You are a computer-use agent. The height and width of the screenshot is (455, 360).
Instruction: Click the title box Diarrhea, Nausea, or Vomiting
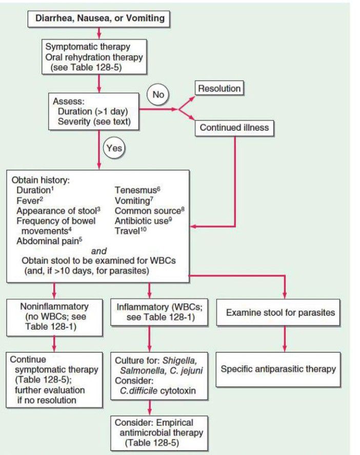tap(100, 19)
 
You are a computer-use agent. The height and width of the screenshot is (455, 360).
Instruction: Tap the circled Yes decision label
tap(112, 149)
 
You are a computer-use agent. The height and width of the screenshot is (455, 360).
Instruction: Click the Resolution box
tap(219, 89)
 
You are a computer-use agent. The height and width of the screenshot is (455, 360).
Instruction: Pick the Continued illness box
tap(235, 127)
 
